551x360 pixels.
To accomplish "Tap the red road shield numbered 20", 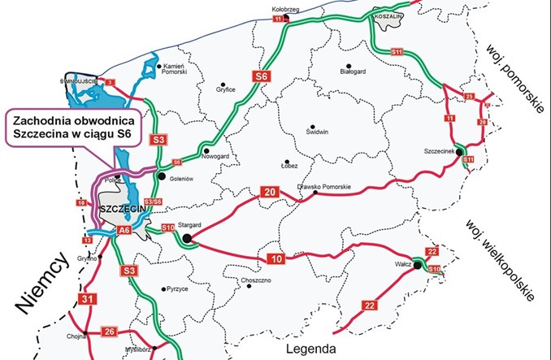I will point(269,192).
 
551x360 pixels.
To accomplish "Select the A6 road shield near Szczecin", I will point(124,230).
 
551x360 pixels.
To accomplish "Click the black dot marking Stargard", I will point(187,238).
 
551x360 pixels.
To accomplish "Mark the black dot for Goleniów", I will point(162,176).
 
